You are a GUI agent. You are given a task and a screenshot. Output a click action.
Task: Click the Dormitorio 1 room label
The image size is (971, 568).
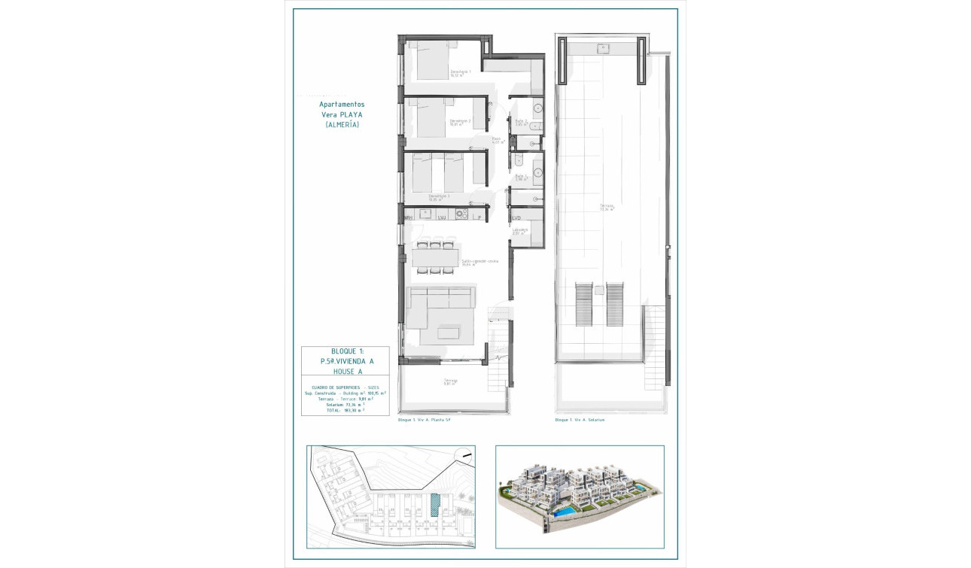(461, 73)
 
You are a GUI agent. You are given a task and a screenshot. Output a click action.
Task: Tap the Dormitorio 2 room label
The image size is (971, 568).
(460, 122)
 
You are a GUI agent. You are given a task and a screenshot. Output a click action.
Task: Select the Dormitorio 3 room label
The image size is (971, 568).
(439, 197)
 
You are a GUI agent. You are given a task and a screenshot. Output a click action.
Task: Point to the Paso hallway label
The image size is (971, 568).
(497, 139)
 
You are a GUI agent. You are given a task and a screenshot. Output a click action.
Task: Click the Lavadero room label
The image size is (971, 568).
(519, 231)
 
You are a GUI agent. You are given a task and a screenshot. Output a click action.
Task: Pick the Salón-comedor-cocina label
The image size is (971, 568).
(479, 263)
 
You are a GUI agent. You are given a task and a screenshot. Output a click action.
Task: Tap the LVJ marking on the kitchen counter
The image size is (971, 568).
(442, 218)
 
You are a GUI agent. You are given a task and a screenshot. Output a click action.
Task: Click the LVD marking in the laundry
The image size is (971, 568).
(516, 218)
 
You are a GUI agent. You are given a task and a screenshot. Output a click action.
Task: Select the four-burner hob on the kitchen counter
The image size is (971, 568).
(461, 214)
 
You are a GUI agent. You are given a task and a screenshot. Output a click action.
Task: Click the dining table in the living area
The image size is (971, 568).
(435, 257)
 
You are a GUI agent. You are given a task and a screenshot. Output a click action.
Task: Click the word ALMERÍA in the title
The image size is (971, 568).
(342, 125)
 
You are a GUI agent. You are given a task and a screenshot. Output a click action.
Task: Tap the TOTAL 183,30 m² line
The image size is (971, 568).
(345, 410)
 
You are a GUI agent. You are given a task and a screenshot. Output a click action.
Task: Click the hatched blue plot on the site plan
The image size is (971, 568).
(435, 504)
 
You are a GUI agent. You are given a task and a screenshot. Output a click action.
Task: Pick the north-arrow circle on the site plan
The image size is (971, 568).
(467, 454)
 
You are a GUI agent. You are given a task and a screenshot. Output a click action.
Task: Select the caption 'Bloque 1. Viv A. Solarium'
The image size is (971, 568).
(580, 420)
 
